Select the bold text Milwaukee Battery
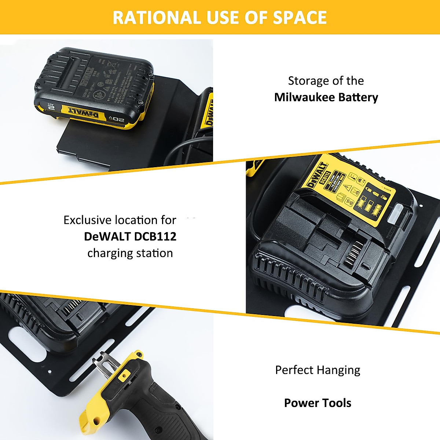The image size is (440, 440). click(326, 97)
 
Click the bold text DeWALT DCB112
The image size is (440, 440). click(130, 236)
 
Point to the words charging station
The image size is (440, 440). click(130, 253)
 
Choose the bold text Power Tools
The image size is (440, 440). click(318, 403)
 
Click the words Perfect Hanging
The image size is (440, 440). click(318, 370)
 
